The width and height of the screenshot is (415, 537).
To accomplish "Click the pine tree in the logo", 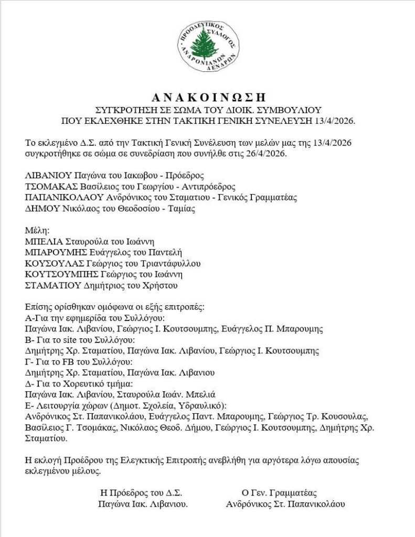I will (x=205, y=44).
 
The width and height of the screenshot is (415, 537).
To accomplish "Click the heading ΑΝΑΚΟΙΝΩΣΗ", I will (x=208, y=97).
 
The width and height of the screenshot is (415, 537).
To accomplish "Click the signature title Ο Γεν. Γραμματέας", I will (x=279, y=493).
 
